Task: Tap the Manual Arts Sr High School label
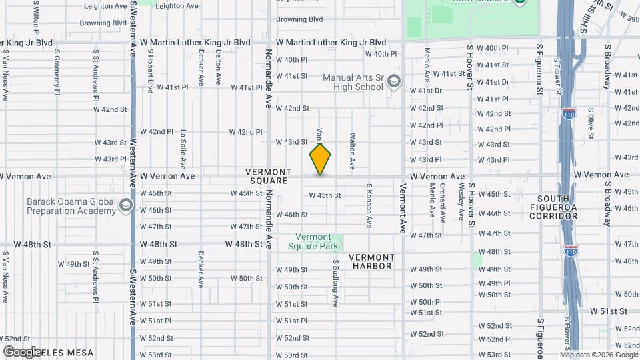tap(353, 82)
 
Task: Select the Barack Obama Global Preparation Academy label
tap(71, 206)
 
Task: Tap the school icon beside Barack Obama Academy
tap(125, 206)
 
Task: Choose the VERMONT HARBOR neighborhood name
tap(371, 261)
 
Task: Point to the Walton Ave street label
tap(352, 150)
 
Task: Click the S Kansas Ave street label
tap(367, 203)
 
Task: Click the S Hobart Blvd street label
tap(151, 69)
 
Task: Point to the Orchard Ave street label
tap(442, 203)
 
